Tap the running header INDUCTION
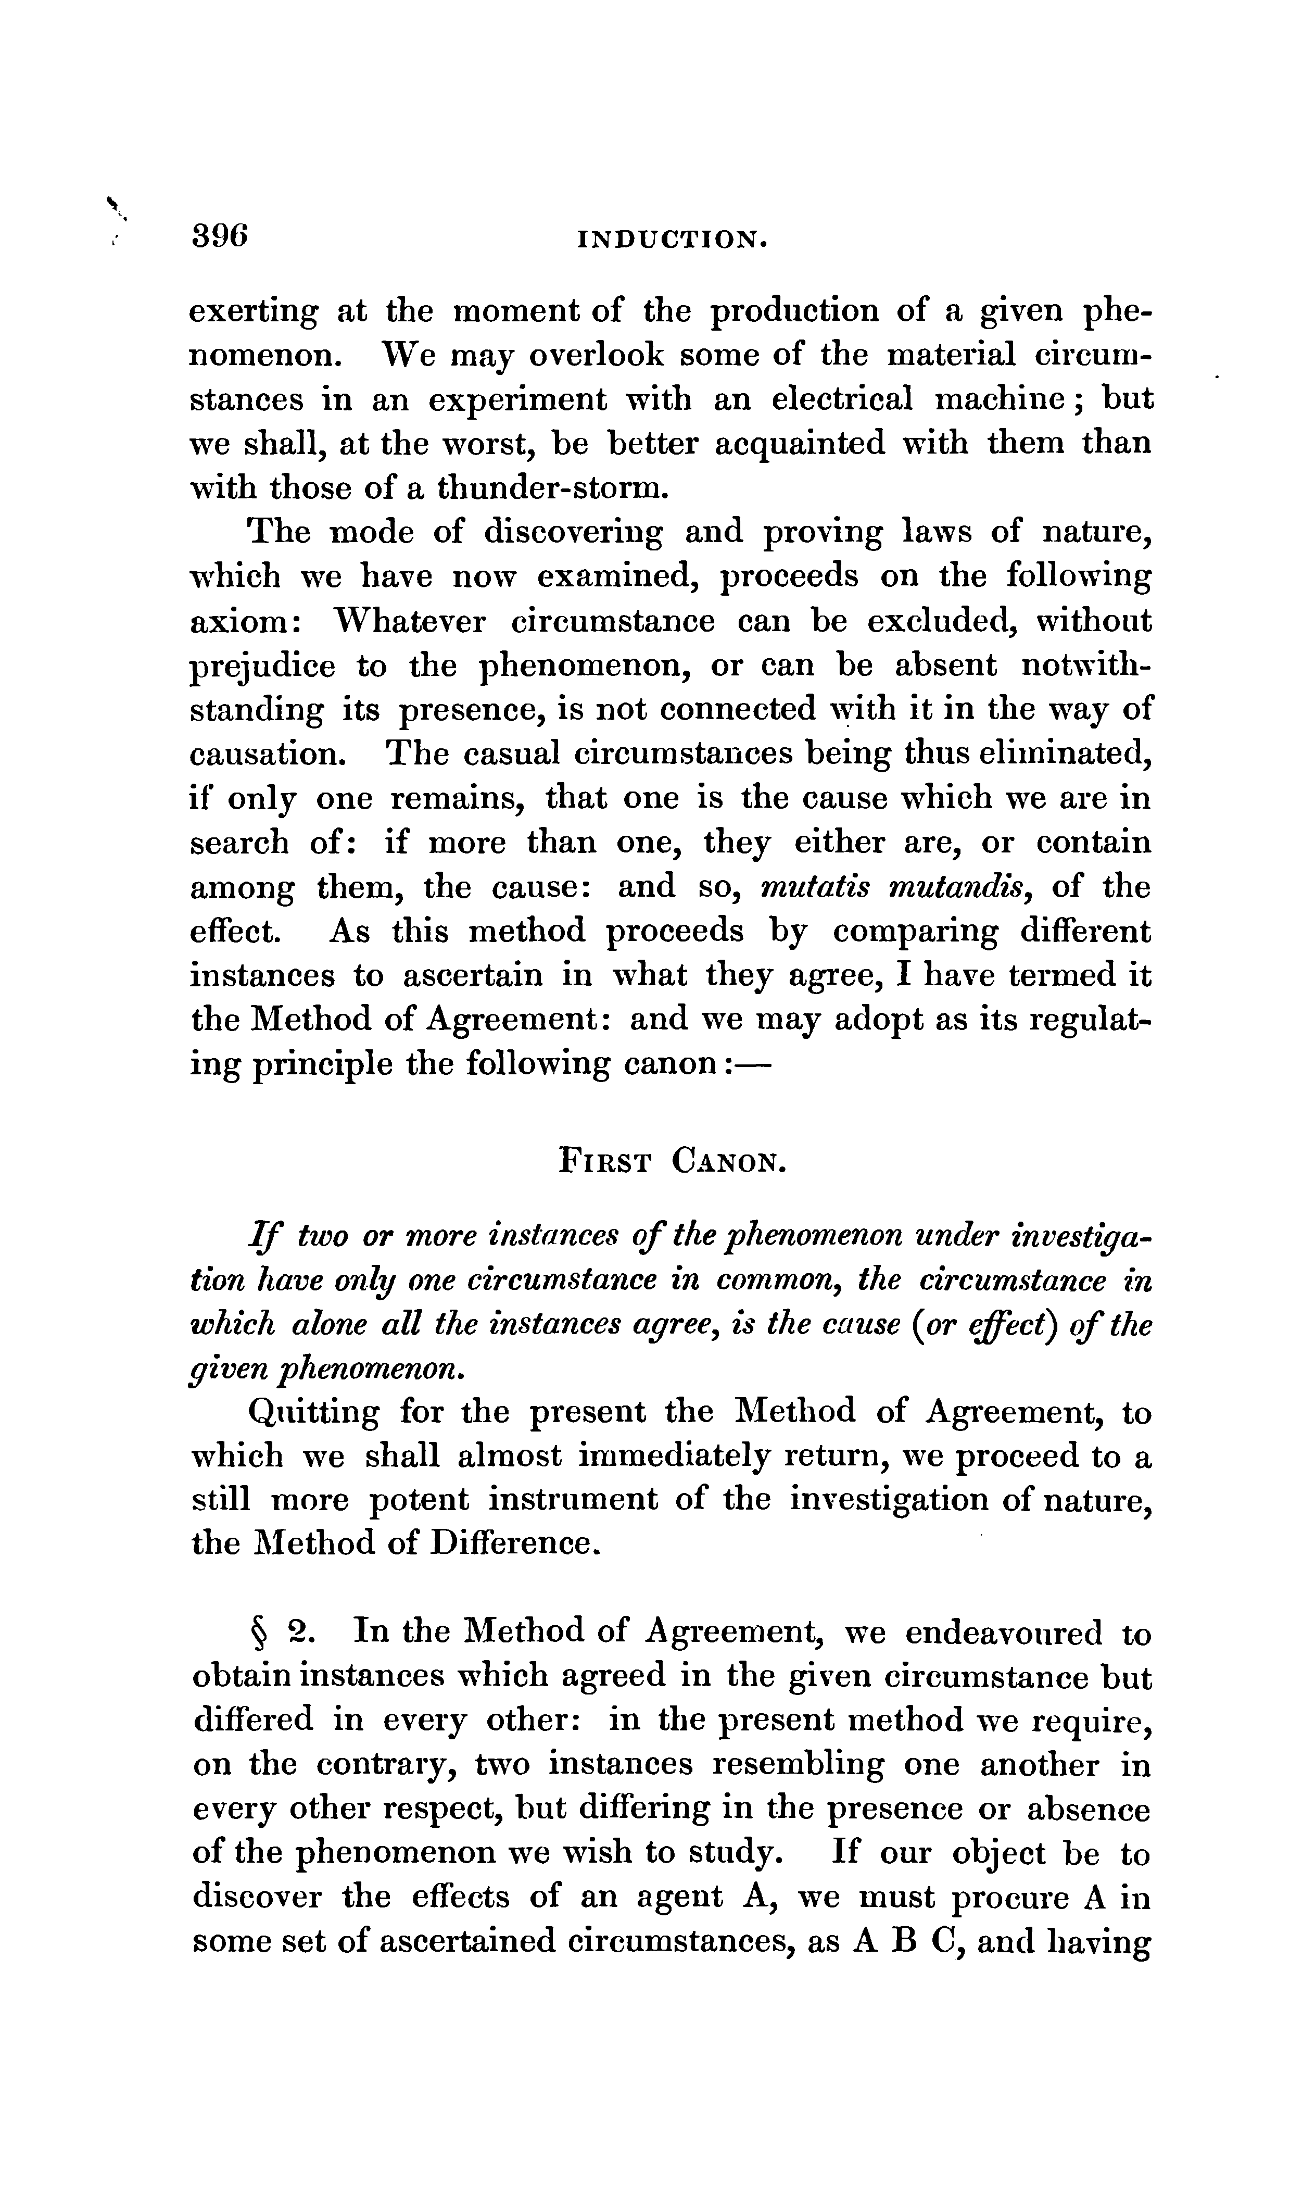click(672, 240)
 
